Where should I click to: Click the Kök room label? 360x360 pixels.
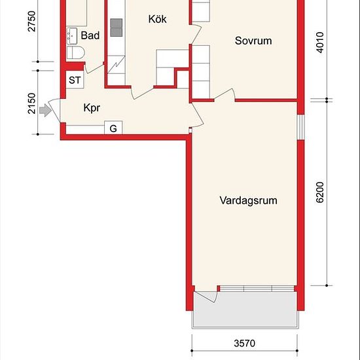(x=157, y=19)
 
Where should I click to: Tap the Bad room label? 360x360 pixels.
(x=90, y=35)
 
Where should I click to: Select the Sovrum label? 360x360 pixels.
(x=253, y=41)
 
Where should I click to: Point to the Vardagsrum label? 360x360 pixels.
(x=249, y=200)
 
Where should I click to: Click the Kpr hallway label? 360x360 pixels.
(x=92, y=108)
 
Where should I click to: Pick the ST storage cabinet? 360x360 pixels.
(x=75, y=80)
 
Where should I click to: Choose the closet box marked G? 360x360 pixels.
(x=113, y=128)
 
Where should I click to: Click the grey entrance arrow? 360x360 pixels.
(x=45, y=110)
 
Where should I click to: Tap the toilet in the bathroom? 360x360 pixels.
(x=75, y=52)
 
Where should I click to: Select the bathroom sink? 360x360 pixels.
(x=72, y=36)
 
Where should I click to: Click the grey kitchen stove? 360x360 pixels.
(x=116, y=27)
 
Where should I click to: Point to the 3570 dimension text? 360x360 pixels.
(x=245, y=344)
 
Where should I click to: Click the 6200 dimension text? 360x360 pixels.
(x=320, y=192)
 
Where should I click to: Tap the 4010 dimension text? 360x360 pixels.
(x=320, y=43)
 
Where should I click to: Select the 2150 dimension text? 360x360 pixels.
(x=31, y=103)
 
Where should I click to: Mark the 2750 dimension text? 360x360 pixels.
(x=31, y=21)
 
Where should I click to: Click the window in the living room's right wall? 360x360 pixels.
(x=301, y=127)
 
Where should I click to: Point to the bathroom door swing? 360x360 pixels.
(x=94, y=69)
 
